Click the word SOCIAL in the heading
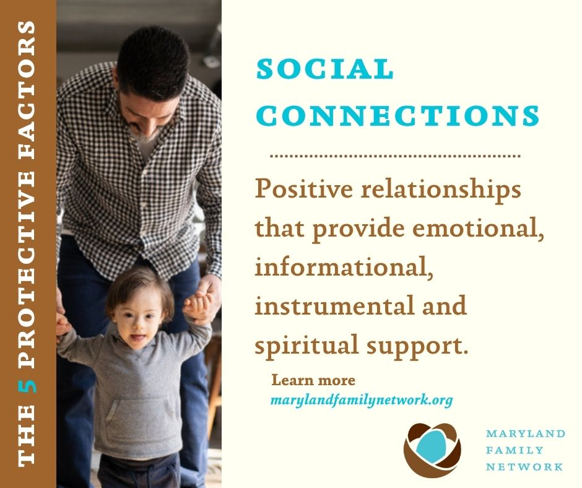click(x=325, y=69)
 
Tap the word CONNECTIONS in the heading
click(x=398, y=115)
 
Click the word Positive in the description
click(x=303, y=189)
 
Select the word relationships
click(x=441, y=190)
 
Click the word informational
click(x=344, y=267)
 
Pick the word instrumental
click(x=334, y=305)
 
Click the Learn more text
click(x=313, y=380)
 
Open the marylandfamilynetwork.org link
click(x=362, y=400)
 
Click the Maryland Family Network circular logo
click(x=432, y=450)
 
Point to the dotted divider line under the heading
click(x=395, y=156)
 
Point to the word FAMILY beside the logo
click(x=515, y=450)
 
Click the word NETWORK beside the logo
click(x=524, y=466)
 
